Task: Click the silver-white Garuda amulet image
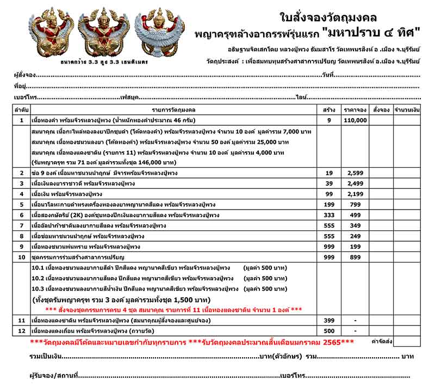(159, 33)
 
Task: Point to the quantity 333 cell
(329, 215)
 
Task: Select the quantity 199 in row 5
(329, 205)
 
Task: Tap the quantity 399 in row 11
(329, 320)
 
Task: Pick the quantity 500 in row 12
(329, 330)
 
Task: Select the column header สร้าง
(329, 109)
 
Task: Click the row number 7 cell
(21, 225)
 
